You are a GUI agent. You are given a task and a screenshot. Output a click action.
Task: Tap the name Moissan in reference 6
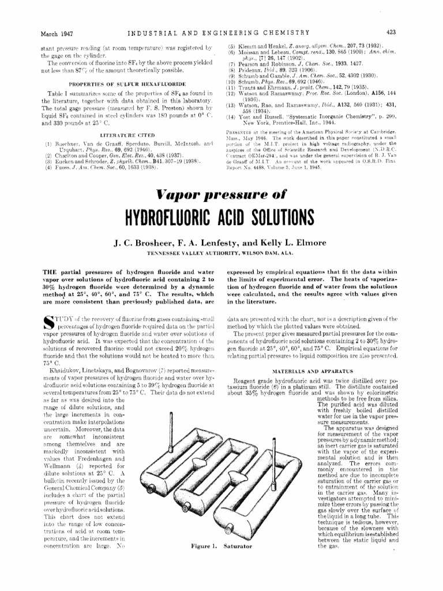coord(253,52)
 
